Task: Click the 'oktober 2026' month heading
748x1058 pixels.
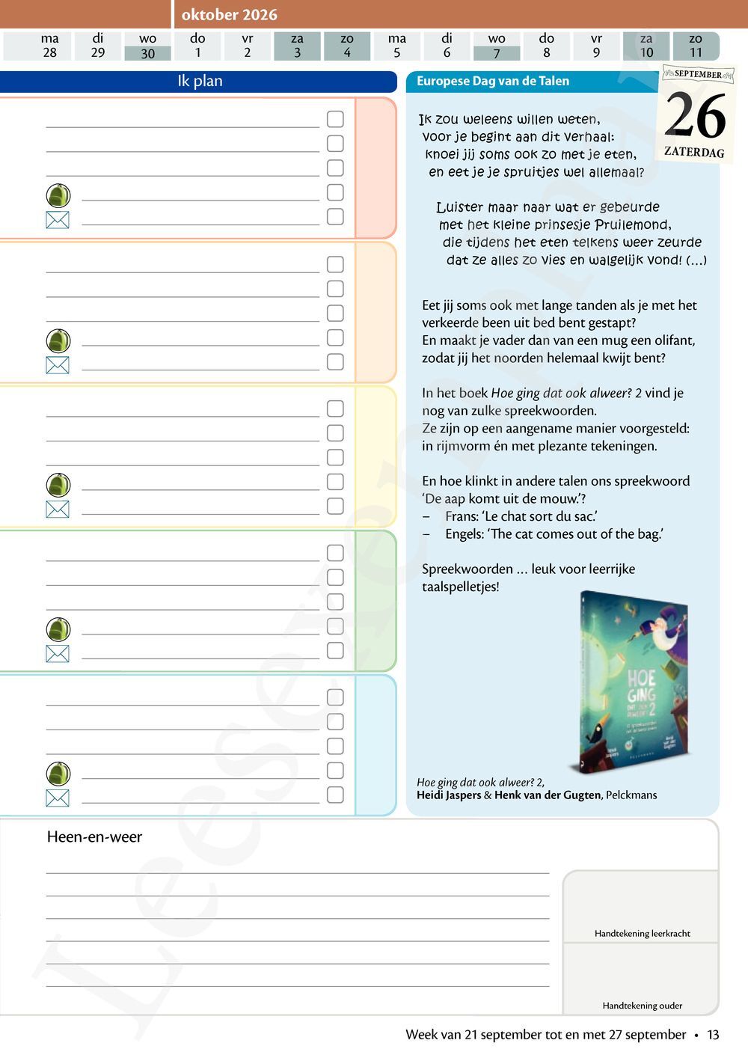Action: pos(229,14)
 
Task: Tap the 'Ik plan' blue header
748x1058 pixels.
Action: pos(200,81)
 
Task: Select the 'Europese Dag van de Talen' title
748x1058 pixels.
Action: pos(492,81)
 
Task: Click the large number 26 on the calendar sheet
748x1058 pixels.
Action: pos(695,116)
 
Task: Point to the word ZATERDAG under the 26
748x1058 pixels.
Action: pos(694,152)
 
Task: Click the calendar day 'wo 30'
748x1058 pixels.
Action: pos(148,46)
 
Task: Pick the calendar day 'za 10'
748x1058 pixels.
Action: pos(646,46)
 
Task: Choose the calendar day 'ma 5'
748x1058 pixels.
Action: pos(397,46)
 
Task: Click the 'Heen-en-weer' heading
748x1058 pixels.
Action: pos(94,837)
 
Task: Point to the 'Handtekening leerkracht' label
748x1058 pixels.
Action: pos(642,933)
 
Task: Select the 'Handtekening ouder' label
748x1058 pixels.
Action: pos(642,1006)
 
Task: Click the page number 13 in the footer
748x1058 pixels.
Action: pos(713,1035)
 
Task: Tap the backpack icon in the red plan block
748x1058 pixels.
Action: pos(58,195)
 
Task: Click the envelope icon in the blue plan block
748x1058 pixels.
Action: pos(58,798)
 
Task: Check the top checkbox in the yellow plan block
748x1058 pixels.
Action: pos(335,409)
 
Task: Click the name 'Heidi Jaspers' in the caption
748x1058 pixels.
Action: pos(449,795)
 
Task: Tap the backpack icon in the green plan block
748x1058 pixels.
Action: pos(58,629)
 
